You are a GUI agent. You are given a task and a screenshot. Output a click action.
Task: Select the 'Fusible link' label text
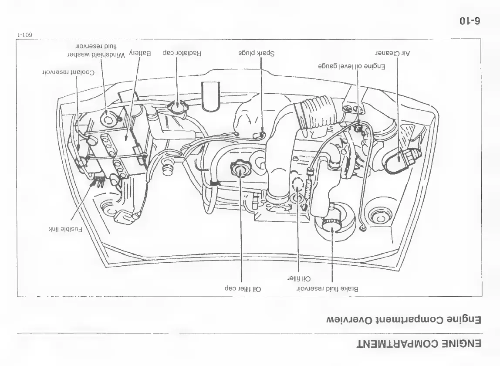(65, 228)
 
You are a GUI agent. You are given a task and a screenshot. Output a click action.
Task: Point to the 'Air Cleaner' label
(393, 53)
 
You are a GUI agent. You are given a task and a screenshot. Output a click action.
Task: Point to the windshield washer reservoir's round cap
(108, 116)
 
